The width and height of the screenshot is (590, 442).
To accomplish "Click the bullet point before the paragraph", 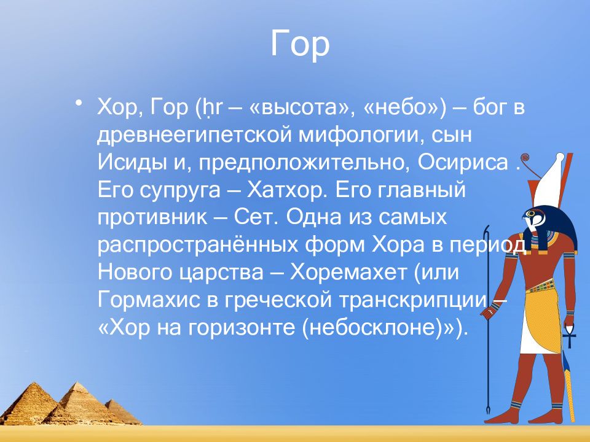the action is [78, 103].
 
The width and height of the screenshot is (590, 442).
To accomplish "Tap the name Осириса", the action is [463, 162].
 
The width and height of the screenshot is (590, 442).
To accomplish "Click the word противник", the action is [152, 217].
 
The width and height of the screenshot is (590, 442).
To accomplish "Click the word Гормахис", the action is [149, 300].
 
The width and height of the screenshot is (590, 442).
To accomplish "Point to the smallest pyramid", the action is [121, 411].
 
